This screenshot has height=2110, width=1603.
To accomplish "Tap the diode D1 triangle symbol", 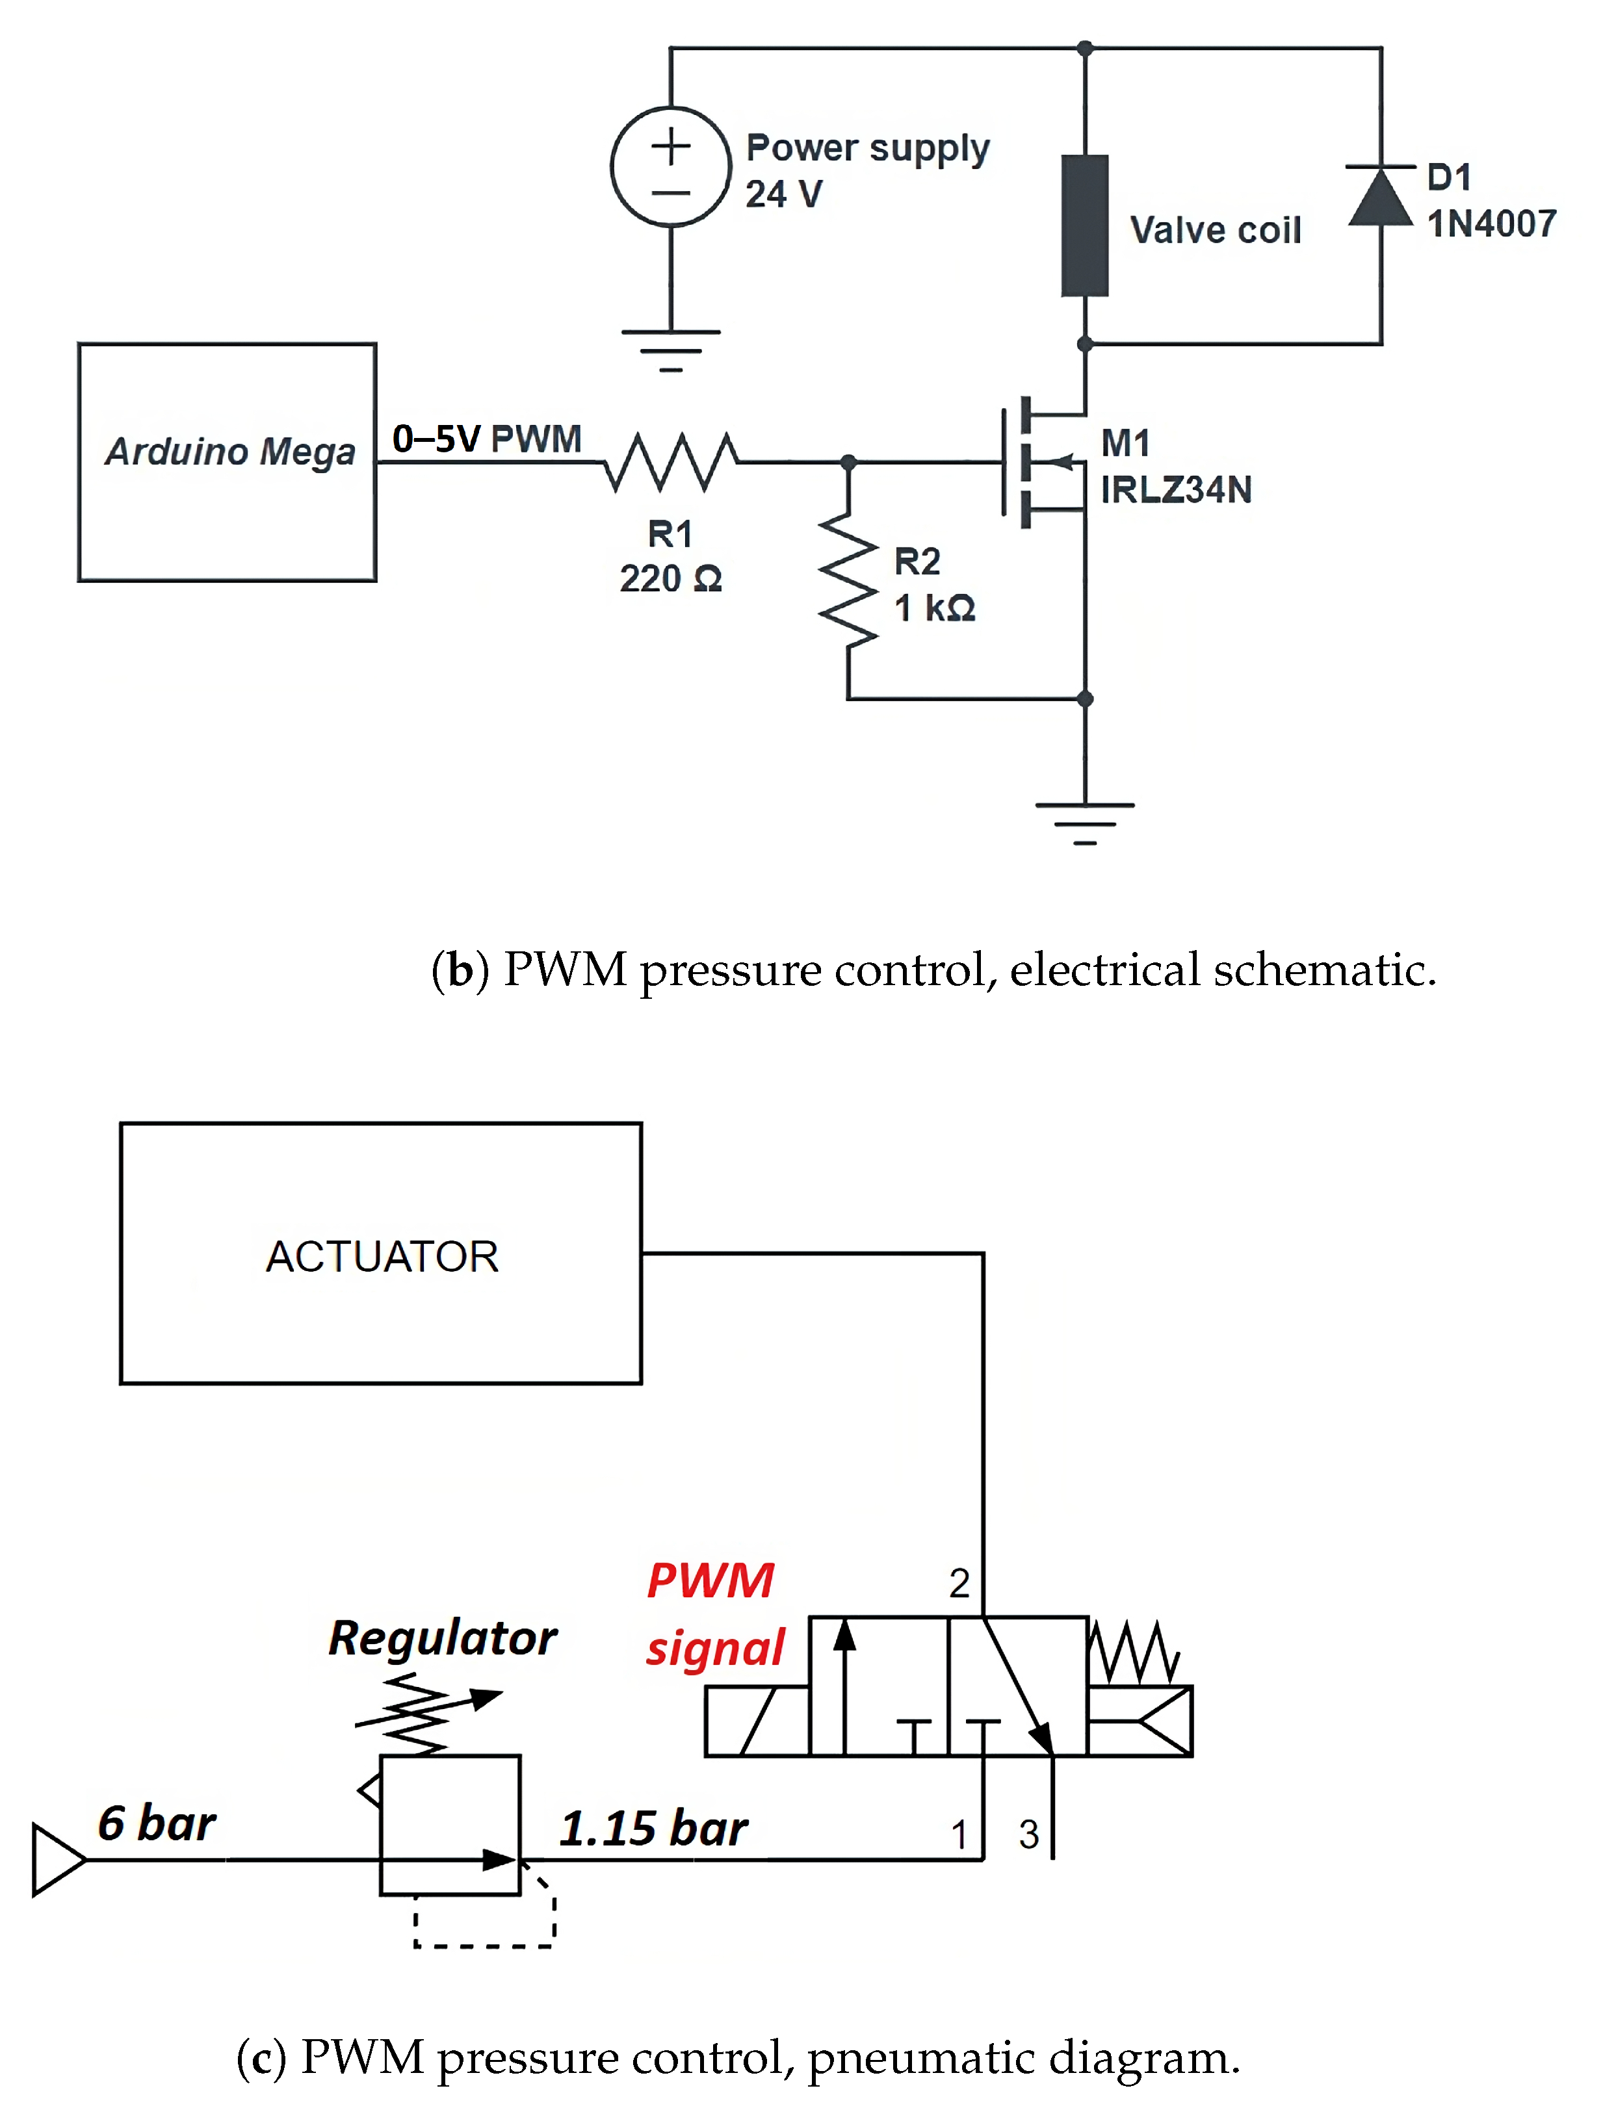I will click(1381, 198).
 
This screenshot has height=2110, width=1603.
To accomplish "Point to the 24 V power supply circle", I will click(671, 167).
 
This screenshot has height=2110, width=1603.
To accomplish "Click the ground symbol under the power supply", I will click(671, 349).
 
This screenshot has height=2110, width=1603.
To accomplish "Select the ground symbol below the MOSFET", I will click(1085, 822).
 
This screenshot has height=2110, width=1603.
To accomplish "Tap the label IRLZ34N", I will click(1175, 489).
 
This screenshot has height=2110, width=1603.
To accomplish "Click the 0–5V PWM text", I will click(487, 439).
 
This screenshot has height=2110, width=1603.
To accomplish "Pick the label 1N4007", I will click(1491, 224).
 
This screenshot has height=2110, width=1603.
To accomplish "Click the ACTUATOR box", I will click(381, 1254).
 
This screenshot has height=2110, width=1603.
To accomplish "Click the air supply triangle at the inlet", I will click(57, 1859).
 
